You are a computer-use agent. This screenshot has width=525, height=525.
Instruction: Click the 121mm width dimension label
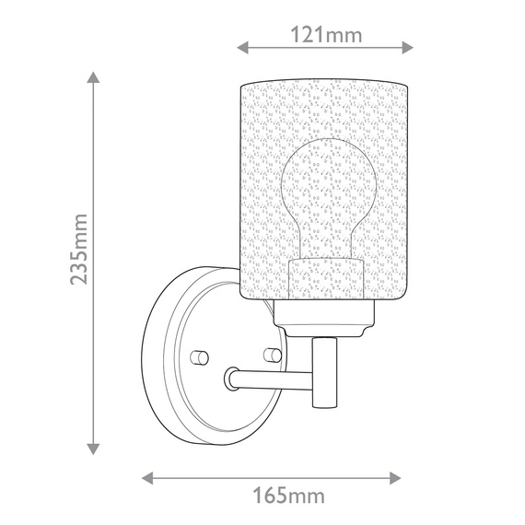(326, 35)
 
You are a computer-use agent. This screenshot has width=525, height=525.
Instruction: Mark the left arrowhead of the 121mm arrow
(243, 46)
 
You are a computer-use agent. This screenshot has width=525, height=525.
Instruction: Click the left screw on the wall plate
(197, 355)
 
